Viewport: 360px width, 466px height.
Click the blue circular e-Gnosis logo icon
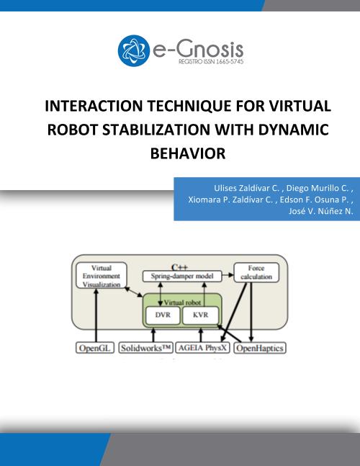tap(134, 50)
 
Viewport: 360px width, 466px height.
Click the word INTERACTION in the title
tap(94, 106)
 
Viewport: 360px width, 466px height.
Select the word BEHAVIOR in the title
tap(188, 153)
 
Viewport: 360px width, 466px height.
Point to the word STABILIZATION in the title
tap(156, 130)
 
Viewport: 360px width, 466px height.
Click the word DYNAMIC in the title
tap(294, 130)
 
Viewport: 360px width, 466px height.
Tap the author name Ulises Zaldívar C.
tap(246, 188)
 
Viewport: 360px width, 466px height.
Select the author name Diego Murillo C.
tap(318, 188)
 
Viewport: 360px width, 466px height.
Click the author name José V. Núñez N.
tap(321, 211)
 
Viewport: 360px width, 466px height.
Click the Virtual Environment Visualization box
tap(102, 276)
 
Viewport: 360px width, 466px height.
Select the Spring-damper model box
tap(182, 276)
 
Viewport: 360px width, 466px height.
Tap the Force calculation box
tap(256, 272)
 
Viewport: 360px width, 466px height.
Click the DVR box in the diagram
tap(163, 315)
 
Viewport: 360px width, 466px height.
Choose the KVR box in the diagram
tap(200, 315)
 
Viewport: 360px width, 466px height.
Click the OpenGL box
tap(95, 348)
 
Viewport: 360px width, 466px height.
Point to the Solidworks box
tap(146, 348)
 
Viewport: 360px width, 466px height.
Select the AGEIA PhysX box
tap(202, 348)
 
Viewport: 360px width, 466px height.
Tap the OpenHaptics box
tap(260, 348)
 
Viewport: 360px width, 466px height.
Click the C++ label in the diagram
tap(179, 267)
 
